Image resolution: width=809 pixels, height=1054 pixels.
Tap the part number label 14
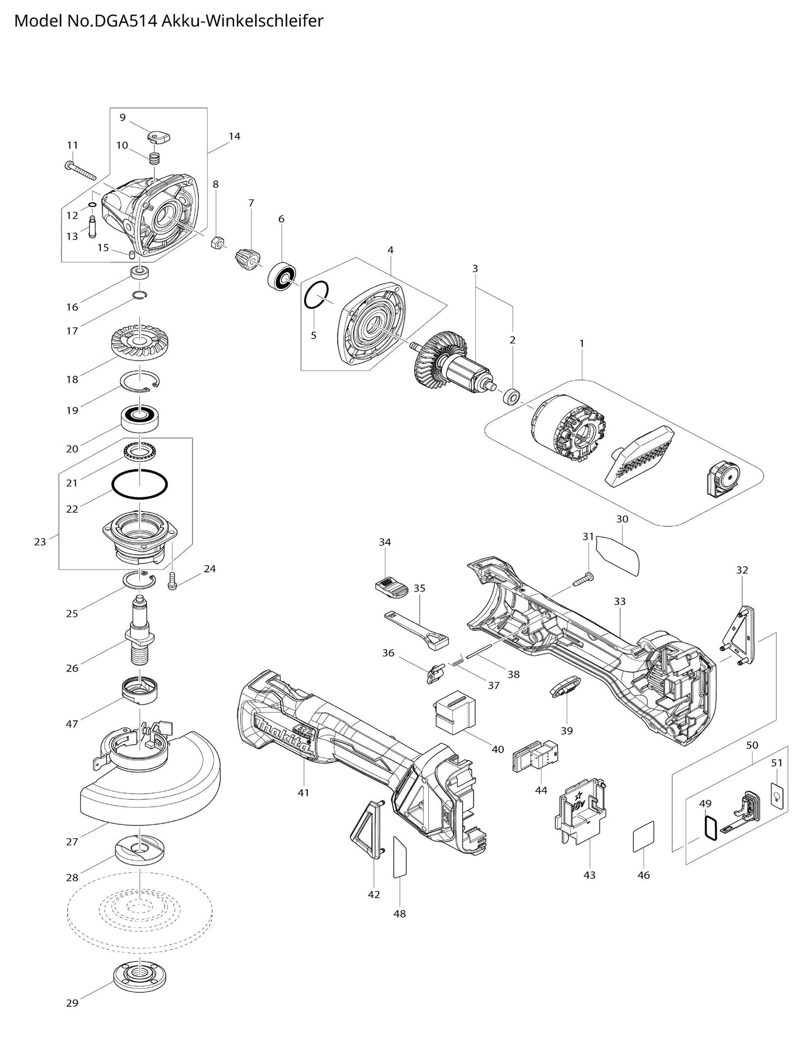234,136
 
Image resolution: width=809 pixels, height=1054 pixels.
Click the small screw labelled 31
583,580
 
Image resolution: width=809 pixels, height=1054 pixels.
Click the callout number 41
303,792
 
